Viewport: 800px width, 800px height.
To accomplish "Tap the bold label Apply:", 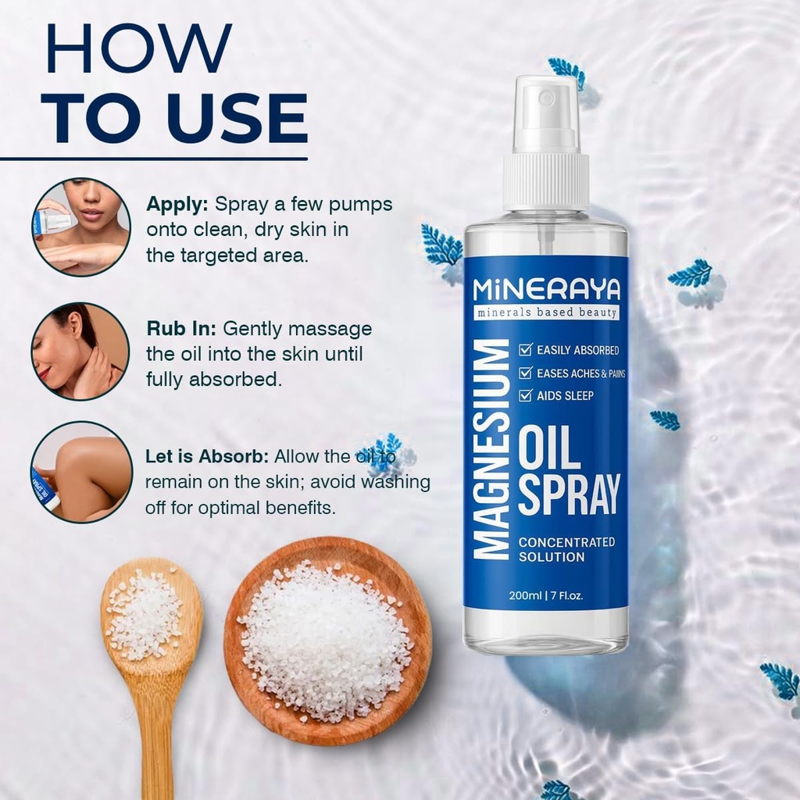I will coord(177,204).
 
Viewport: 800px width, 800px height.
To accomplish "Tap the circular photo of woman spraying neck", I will coord(81,227).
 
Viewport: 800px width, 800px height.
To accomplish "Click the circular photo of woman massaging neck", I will coord(80,352).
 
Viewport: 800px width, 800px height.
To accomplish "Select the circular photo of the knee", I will coord(81,472).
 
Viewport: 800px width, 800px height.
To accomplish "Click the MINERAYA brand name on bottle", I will coord(546,290).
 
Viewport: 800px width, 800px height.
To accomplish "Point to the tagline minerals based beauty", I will coord(546,312).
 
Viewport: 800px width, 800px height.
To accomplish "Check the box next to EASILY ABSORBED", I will coord(527,350).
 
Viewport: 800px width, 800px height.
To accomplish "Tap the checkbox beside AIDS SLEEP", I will coord(527,395).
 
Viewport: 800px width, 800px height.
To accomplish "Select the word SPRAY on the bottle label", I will coord(569,494).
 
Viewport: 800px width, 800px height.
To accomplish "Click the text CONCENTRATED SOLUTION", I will coord(566,549).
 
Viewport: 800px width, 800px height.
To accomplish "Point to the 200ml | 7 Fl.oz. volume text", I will coord(546,595).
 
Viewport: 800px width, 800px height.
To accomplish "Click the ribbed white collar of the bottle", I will coord(546,181).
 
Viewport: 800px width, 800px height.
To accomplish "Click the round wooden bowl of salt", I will coord(327,640).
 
